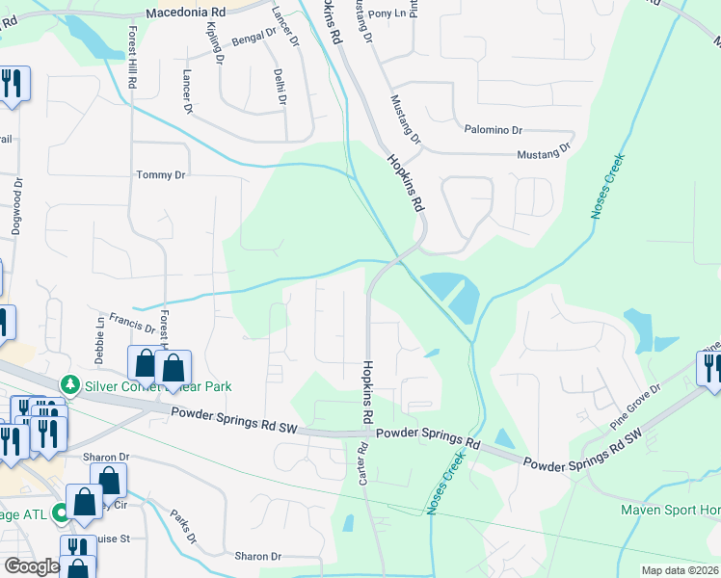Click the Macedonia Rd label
(x=185, y=13)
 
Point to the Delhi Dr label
(x=279, y=85)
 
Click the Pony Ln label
(x=394, y=14)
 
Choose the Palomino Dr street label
(x=493, y=129)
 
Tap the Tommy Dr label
(x=160, y=175)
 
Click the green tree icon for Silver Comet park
(x=68, y=385)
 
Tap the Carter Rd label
(x=363, y=464)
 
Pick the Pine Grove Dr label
(x=635, y=406)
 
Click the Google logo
(x=31, y=566)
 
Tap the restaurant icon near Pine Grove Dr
(x=710, y=369)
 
